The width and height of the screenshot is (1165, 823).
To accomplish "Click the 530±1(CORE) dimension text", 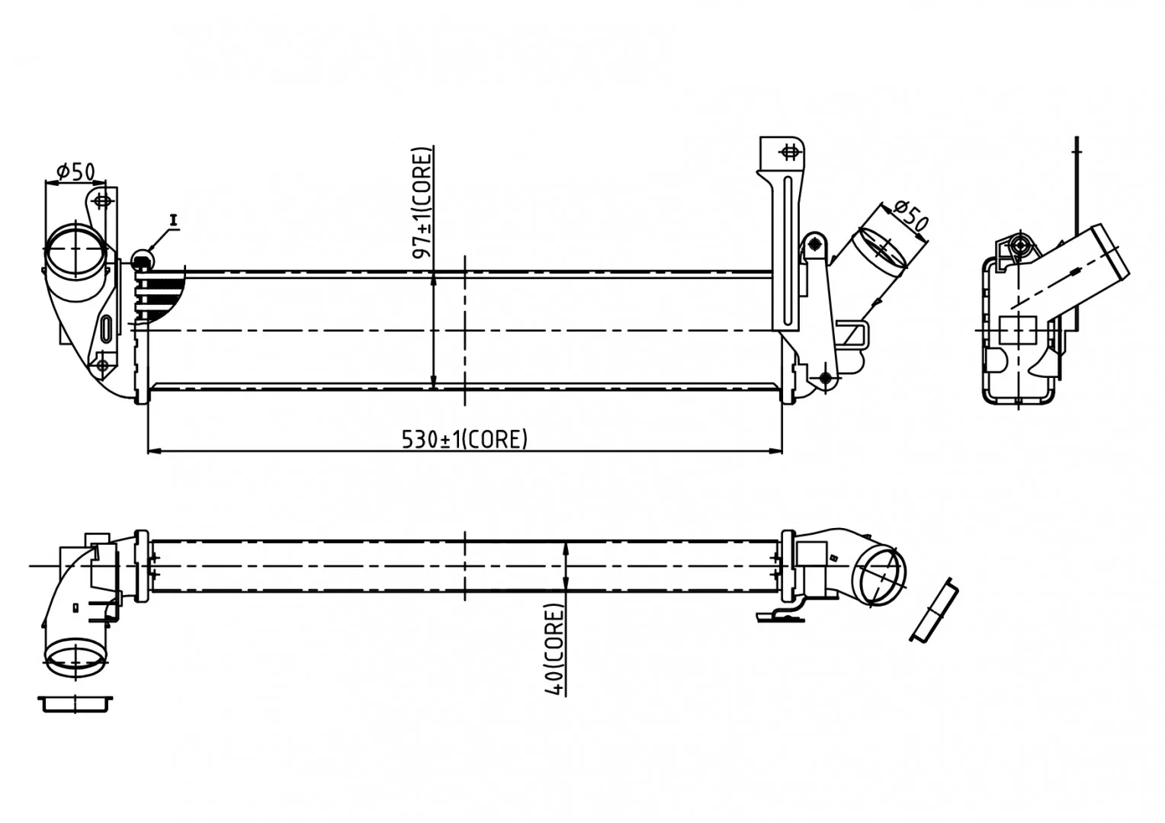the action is tap(464, 440).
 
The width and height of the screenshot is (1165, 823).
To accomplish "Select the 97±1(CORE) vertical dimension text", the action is tap(422, 203).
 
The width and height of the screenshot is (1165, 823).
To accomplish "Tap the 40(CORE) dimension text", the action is tap(554, 650).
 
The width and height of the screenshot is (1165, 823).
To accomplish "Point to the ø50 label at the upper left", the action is tap(76, 171).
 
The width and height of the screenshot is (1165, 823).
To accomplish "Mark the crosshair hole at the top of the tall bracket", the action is tap(789, 152).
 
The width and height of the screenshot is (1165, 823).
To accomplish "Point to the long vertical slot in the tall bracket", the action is tap(788, 251).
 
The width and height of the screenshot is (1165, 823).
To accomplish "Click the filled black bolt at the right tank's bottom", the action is tap(826, 379).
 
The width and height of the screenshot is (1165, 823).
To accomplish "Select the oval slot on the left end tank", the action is tap(108, 328).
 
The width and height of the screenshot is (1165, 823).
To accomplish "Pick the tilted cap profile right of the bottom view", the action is tap(934, 610).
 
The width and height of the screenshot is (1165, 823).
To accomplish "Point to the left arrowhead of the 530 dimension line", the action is tap(155, 451).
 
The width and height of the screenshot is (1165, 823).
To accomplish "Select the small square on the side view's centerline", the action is tap(1018, 331).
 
